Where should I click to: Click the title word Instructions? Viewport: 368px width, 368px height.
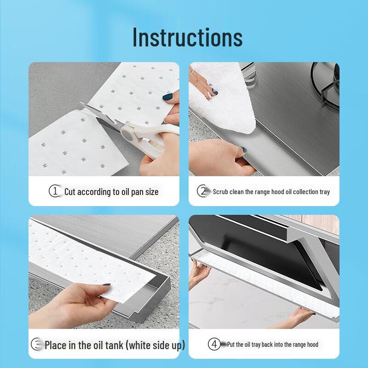(x=187, y=37)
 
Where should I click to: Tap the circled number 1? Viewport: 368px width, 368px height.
(x=55, y=191)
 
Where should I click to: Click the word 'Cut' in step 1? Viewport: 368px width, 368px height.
(x=70, y=191)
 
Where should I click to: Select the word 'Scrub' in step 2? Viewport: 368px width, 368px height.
(x=221, y=191)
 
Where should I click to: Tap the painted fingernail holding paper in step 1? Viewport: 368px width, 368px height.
(x=168, y=97)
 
